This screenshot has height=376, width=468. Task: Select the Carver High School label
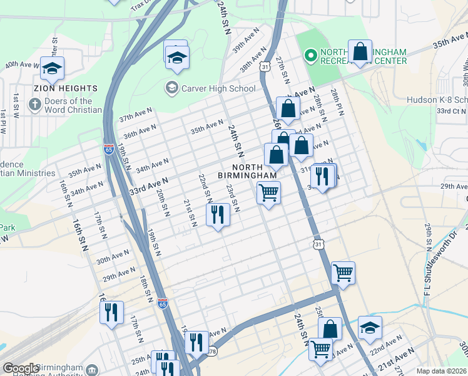pos(210,88)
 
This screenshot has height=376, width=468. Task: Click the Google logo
pos(21,368)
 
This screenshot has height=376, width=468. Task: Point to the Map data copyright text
pos(441,371)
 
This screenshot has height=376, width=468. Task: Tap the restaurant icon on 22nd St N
pos(218,215)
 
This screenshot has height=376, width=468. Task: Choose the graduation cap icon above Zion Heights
pos(52,67)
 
